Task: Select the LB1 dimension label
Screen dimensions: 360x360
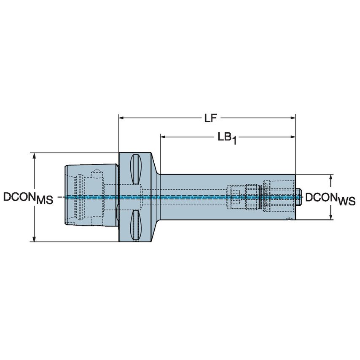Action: pos(227,138)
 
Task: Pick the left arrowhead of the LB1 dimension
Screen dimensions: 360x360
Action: pos(163,137)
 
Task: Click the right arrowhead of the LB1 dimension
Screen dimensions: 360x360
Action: pos(292,137)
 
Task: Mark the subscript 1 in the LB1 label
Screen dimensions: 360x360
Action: pos(234,142)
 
